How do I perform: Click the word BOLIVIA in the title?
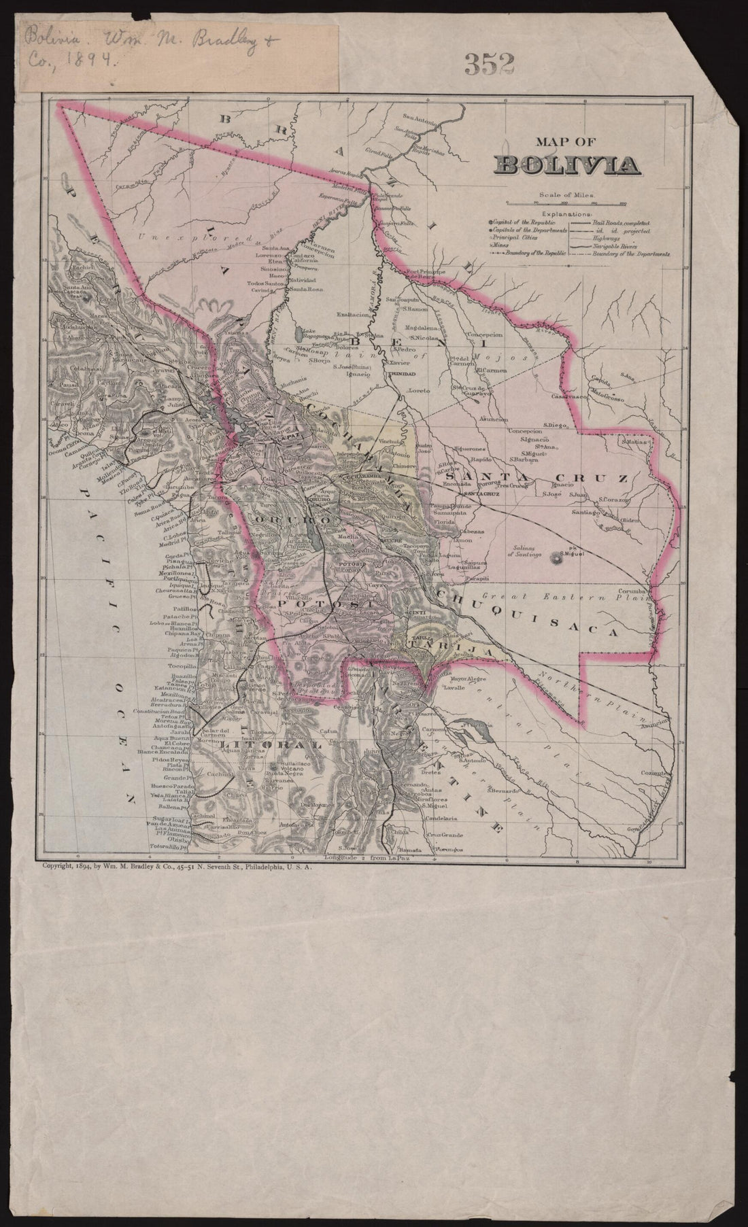568,165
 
